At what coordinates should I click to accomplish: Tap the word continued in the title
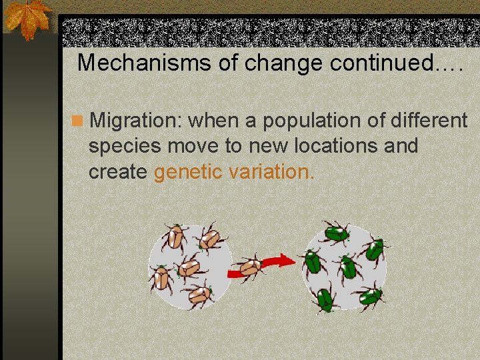click(393, 63)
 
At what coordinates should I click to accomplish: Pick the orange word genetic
click(188, 171)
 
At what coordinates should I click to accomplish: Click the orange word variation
click(270, 171)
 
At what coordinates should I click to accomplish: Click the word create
click(117, 171)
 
